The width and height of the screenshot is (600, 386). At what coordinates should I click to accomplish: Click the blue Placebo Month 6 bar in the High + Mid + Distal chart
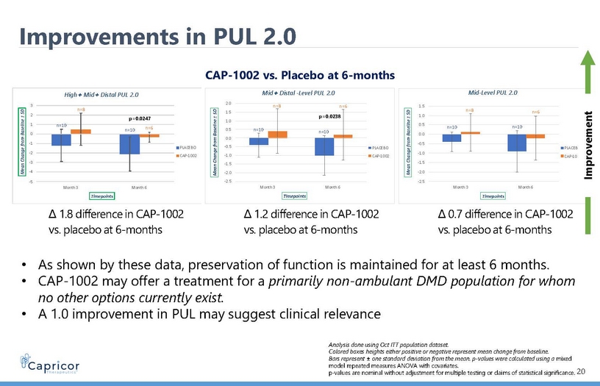pos(129,144)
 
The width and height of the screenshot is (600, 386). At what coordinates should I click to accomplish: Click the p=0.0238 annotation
pos(331,116)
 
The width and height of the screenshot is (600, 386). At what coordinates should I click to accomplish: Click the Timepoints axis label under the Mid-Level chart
pos(491,196)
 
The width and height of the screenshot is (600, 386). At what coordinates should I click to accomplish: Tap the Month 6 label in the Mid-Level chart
pos(526,187)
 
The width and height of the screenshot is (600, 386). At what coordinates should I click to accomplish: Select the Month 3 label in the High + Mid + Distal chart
pos(71,187)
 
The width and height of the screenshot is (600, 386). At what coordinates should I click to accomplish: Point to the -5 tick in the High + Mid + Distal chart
pos(40,182)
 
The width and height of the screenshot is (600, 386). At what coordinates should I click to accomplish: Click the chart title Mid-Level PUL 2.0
pos(492,93)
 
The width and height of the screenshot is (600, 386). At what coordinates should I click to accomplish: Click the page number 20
pos(582,373)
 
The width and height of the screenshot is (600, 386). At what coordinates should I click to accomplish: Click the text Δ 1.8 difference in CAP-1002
pos(115,215)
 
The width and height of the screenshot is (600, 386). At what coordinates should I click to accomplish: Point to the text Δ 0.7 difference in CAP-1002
pos(505,215)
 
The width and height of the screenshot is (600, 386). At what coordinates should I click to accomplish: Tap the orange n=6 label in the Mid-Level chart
pos(536,112)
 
